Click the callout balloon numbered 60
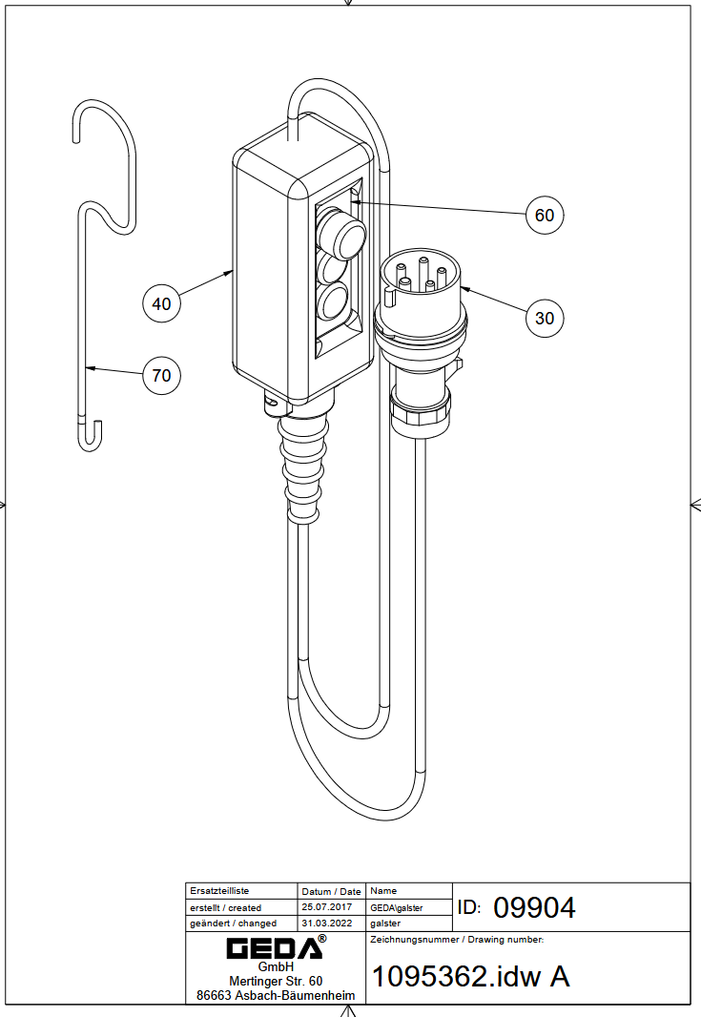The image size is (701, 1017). coord(544,215)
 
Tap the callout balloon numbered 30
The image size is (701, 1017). coord(544,318)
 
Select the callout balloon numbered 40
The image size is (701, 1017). coord(161,302)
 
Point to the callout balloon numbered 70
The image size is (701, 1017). coord(161,375)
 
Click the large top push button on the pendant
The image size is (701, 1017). coord(341,233)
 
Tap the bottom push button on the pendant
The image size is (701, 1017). coord(333,302)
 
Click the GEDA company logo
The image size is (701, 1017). coord(276,947)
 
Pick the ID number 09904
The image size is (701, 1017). coord(534,907)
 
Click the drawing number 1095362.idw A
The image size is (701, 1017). coord(470,976)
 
